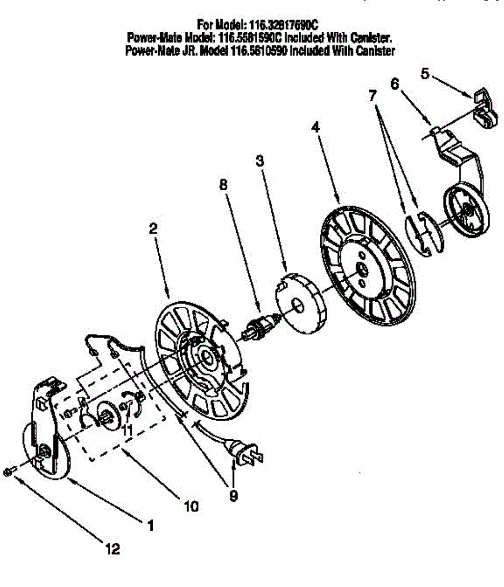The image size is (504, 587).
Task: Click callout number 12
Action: pos(113,549)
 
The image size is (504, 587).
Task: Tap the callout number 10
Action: pos(192,506)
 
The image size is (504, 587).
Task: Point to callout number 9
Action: pos(234,496)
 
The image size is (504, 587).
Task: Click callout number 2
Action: pos(154,228)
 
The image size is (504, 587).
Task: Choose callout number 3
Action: pos(260,161)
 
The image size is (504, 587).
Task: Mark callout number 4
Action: pos(315,127)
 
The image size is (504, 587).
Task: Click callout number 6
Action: pos(395,84)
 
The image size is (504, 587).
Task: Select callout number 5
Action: pos(425,74)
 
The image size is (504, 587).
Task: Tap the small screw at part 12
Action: pos(9,471)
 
